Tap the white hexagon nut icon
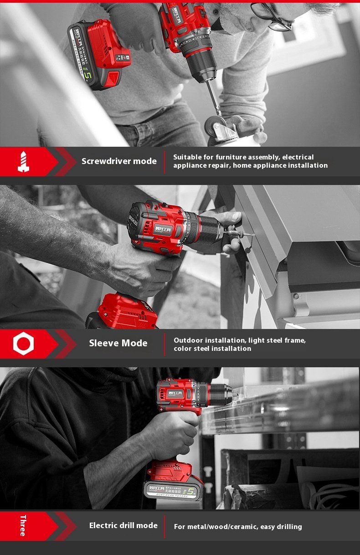pyautogui.click(x=23, y=344)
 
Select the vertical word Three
pyautogui.click(x=23, y=525)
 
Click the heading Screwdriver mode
pyautogui.click(x=119, y=161)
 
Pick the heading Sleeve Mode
pyautogui.click(x=118, y=343)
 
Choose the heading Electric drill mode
pyautogui.click(x=123, y=525)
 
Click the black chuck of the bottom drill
pyautogui.click(x=221, y=391)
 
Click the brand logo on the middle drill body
pyautogui.click(x=164, y=229)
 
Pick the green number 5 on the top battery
pyautogui.click(x=90, y=73)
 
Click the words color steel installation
pyautogui.click(x=212, y=349)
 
